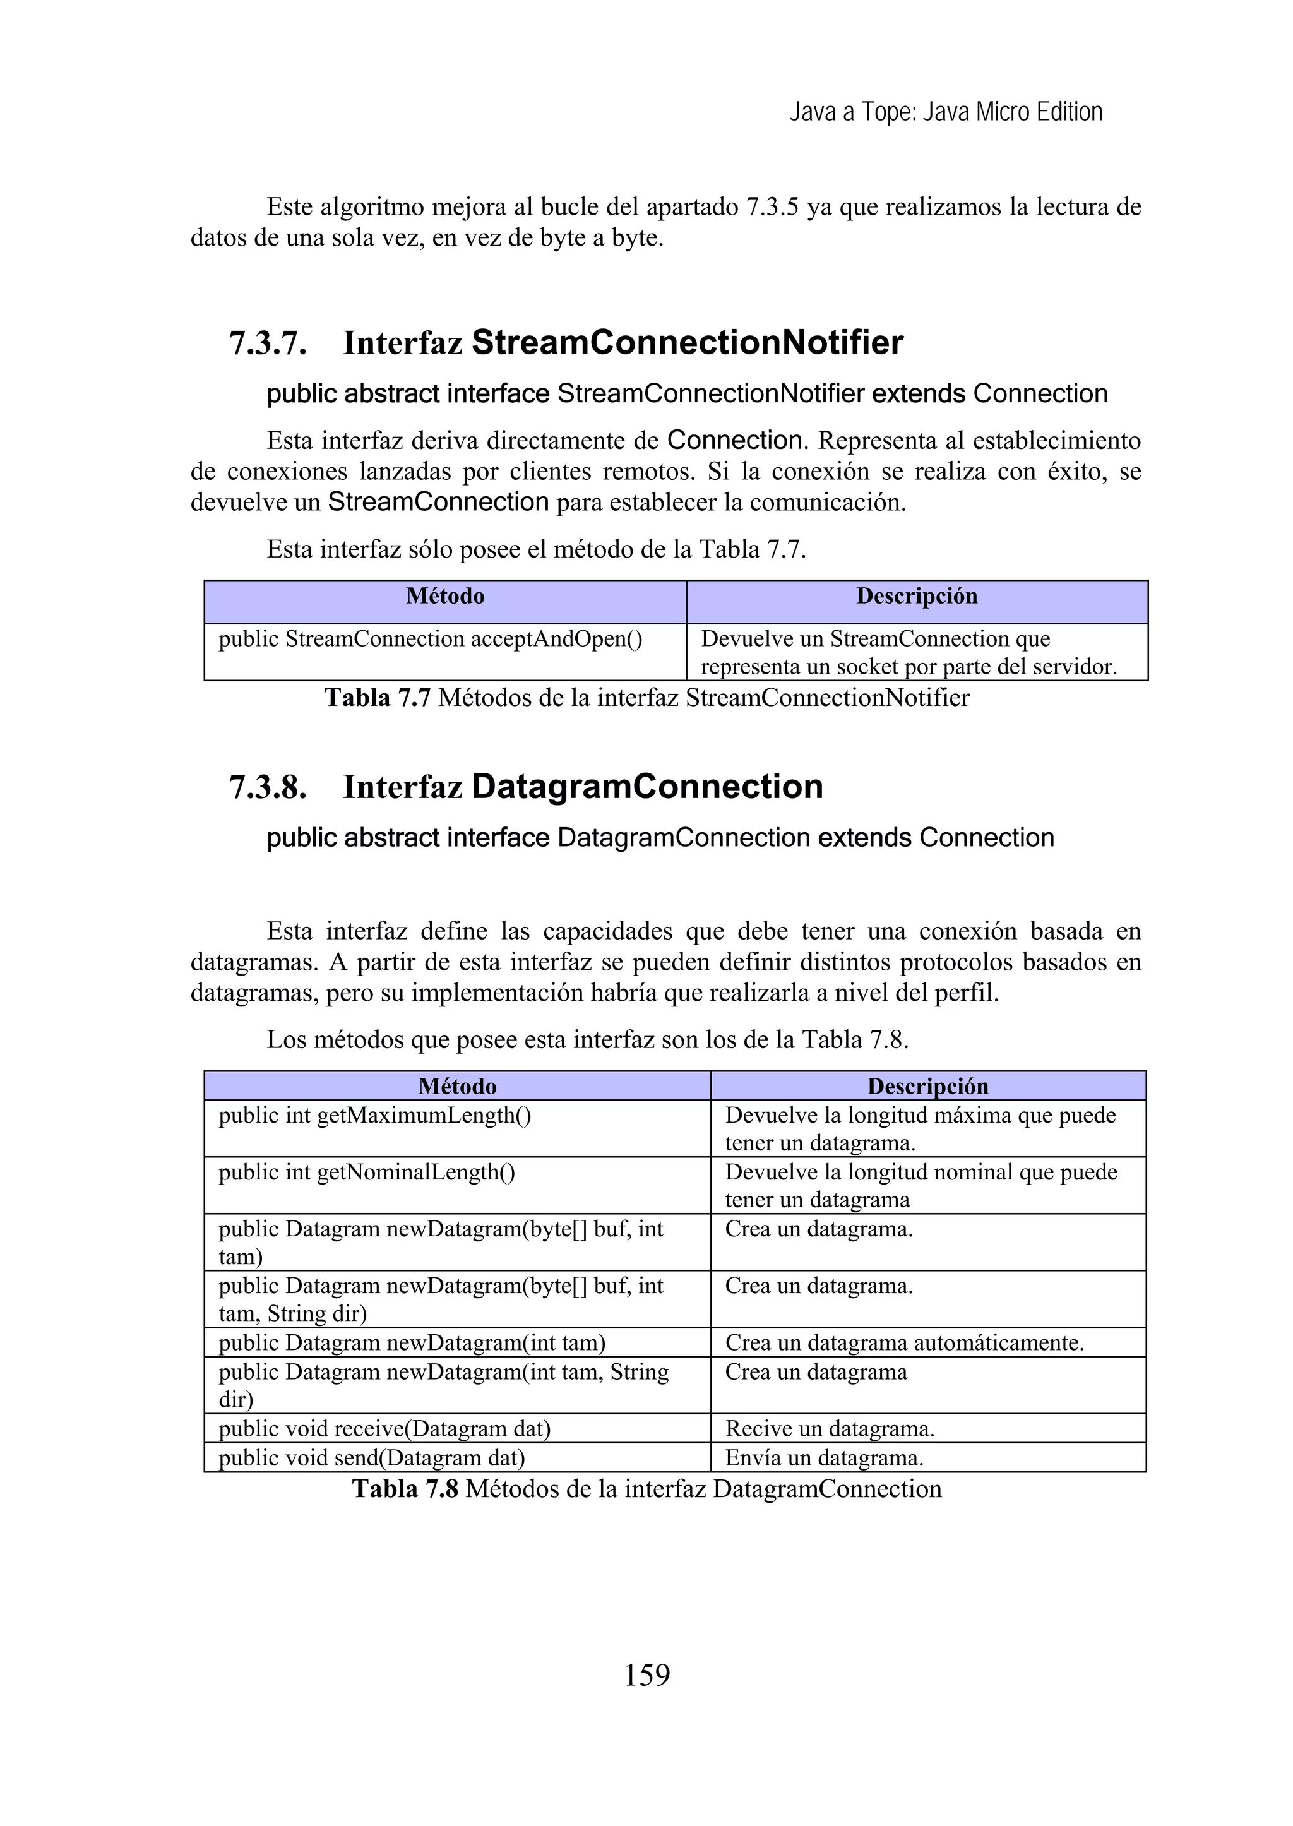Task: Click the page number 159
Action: [x=646, y=1674]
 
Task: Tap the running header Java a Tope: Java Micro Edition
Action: [x=946, y=112]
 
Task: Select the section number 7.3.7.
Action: [x=268, y=343]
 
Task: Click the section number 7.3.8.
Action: [x=268, y=787]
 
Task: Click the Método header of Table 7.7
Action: [x=445, y=597]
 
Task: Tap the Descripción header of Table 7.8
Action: [x=927, y=1086]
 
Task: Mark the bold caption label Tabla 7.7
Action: [x=378, y=698]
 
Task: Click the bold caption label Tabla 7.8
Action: [x=405, y=1489]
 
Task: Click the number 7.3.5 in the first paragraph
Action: [x=772, y=207]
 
